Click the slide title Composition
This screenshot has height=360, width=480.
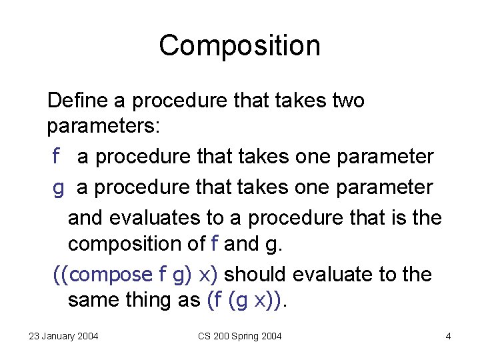(x=240, y=45)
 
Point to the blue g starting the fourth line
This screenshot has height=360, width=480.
(x=59, y=188)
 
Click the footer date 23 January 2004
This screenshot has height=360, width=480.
(x=63, y=336)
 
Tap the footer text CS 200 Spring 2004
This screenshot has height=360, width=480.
(x=240, y=336)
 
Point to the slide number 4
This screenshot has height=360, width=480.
(x=448, y=336)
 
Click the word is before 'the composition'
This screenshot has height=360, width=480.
(x=389, y=218)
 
